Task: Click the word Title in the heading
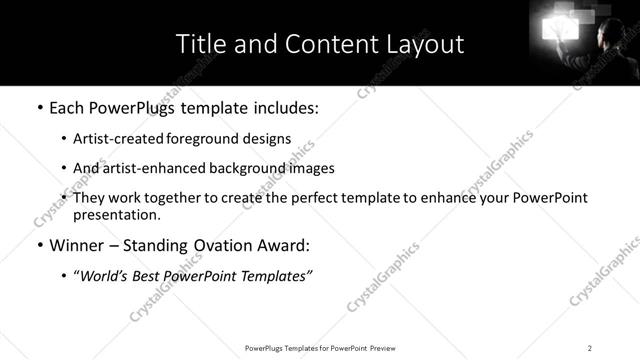click(x=199, y=44)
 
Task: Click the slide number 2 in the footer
click(x=590, y=347)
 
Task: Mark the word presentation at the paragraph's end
click(x=115, y=215)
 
